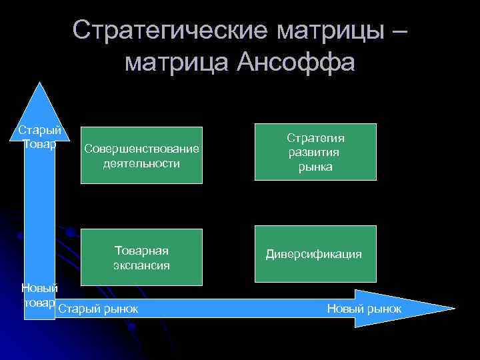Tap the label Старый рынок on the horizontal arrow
click(98, 309)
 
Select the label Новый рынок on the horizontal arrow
click(364, 309)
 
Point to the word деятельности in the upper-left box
click(141, 163)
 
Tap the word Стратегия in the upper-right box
click(315, 138)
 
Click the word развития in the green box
click(315, 153)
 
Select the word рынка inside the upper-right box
click(315, 167)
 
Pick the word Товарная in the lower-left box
click(141, 251)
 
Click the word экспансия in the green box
click(141, 265)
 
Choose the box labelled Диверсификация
click(315, 254)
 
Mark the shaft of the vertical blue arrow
click(39, 213)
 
